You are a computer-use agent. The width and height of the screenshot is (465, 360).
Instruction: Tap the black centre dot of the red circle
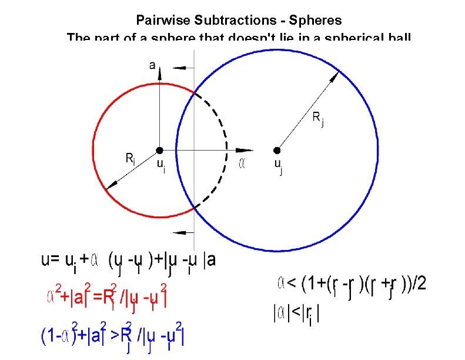[x=159, y=150]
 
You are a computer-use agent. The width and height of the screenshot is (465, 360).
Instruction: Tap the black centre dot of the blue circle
[x=277, y=150]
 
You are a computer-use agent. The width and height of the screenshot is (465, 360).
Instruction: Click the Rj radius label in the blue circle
[x=317, y=120]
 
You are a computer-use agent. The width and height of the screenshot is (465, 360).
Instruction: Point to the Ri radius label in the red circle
[x=131, y=158]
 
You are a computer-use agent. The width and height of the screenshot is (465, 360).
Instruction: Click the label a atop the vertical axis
[x=152, y=65]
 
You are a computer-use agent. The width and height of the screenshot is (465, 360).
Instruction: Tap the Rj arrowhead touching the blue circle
[x=336, y=75]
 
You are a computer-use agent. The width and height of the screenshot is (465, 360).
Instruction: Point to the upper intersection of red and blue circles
[x=194, y=91]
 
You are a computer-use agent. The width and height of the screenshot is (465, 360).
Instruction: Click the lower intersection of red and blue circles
[x=194, y=208]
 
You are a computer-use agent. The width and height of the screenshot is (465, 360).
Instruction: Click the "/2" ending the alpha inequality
[x=419, y=285]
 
